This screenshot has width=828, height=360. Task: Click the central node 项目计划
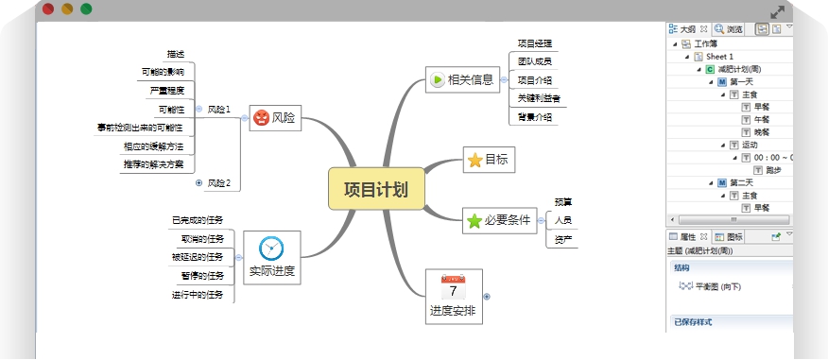[x=375, y=189]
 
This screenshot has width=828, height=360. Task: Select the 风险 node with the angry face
[x=275, y=118]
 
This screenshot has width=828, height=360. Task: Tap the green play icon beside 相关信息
[x=437, y=80]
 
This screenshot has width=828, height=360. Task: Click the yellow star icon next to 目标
[x=474, y=161]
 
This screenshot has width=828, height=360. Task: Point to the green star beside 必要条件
[x=474, y=221]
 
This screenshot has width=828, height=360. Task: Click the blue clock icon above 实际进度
[x=271, y=248]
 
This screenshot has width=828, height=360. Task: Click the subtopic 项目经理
[x=535, y=43]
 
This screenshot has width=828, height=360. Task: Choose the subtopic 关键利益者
[x=539, y=98]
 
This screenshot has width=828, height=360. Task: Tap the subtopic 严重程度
[x=166, y=91]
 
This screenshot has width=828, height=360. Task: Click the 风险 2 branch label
[x=219, y=183]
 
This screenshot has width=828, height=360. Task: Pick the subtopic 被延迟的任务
[x=198, y=257]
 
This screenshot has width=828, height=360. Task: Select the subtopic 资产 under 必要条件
[x=563, y=238]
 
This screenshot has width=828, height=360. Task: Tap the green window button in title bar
[x=86, y=9]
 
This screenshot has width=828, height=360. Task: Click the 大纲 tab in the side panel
[x=686, y=29]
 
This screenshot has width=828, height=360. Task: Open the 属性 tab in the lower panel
[x=687, y=237]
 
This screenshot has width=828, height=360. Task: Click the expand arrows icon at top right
[x=778, y=12]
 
